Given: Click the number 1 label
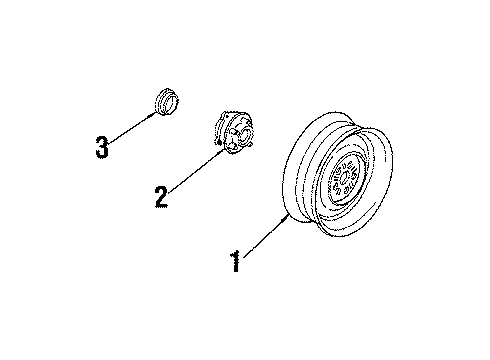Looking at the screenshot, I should pos(235,263).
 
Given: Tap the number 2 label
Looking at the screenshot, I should pos(160,195).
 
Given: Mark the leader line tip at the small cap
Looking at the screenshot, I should pos(160,111).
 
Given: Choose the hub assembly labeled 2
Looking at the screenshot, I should pos(232,133).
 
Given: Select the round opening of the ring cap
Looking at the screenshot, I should pos(167,98).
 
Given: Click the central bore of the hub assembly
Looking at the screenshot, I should pos(237,131).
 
